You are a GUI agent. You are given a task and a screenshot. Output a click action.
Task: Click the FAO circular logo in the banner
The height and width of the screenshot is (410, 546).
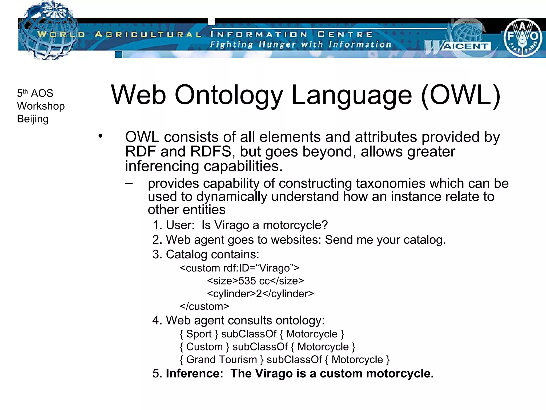[x=522, y=37]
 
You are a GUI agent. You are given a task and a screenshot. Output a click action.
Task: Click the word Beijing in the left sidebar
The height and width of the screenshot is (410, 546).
[x=33, y=119]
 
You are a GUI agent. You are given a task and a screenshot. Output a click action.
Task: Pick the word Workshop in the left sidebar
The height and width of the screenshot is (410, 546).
[x=41, y=106]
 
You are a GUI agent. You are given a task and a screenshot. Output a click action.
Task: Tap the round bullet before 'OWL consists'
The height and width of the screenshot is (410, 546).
[x=100, y=136]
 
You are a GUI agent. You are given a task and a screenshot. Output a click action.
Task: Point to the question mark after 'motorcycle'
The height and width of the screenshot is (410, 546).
[x=325, y=225]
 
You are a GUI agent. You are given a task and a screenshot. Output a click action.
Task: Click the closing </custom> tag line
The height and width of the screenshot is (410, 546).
[x=204, y=306]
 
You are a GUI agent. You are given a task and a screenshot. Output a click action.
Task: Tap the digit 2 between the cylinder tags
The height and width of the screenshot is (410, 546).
[x=259, y=294]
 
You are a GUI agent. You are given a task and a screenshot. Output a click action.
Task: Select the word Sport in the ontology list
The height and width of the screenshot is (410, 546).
[x=199, y=334]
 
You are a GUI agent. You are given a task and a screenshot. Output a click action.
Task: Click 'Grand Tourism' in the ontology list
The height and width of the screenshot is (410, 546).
[x=222, y=360]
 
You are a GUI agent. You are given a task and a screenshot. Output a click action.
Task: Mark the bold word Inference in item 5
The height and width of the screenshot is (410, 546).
[x=194, y=373]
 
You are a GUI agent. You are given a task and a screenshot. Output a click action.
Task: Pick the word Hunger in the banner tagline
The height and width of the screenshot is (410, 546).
[x=277, y=44]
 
